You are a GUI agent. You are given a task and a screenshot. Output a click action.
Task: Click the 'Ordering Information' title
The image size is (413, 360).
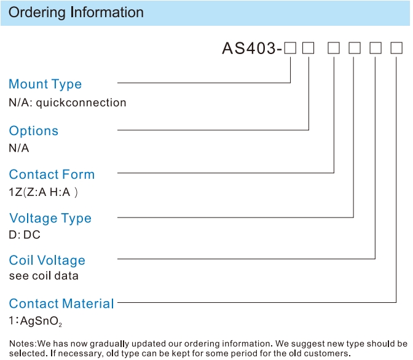coord(76,12)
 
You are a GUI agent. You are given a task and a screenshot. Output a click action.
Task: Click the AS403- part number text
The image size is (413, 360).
coord(252,49)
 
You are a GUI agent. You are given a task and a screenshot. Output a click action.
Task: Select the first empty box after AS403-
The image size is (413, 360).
coord(290,48)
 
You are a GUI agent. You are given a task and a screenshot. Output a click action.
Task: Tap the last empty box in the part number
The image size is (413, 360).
coord(396,48)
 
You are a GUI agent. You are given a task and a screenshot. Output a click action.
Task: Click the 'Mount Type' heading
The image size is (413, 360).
coord(45,84)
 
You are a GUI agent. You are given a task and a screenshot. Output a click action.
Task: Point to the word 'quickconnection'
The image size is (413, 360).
coord(81,103)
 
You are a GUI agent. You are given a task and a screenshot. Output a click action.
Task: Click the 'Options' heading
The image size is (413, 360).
coord(33,131)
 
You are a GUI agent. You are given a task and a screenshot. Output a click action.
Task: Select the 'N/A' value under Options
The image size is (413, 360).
coord(18,148)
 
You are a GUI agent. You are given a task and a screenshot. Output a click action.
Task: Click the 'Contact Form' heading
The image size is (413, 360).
coord(52,174)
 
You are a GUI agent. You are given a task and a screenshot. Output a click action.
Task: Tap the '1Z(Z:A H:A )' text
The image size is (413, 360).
coord(43,192)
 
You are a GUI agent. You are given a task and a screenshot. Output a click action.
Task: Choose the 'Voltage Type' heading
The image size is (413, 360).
coord(50,218)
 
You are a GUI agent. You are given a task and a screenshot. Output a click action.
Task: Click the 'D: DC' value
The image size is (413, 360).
coord(25,235)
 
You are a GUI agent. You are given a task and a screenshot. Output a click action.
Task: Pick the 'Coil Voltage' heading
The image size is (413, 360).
coord(47,260)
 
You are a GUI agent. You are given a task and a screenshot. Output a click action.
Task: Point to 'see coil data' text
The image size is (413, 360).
coord(44,276)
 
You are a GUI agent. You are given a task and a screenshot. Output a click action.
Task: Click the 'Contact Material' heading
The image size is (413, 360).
coord(61,303)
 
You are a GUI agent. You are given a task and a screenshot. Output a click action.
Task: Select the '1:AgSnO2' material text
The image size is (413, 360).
coord(35,321)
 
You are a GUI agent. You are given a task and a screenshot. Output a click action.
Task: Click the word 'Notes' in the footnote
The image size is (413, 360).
coord(22,343)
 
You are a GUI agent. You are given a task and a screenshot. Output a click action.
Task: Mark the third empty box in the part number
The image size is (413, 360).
coord(334,48)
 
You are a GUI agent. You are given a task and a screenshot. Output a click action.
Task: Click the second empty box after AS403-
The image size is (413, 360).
coord(308,48)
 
